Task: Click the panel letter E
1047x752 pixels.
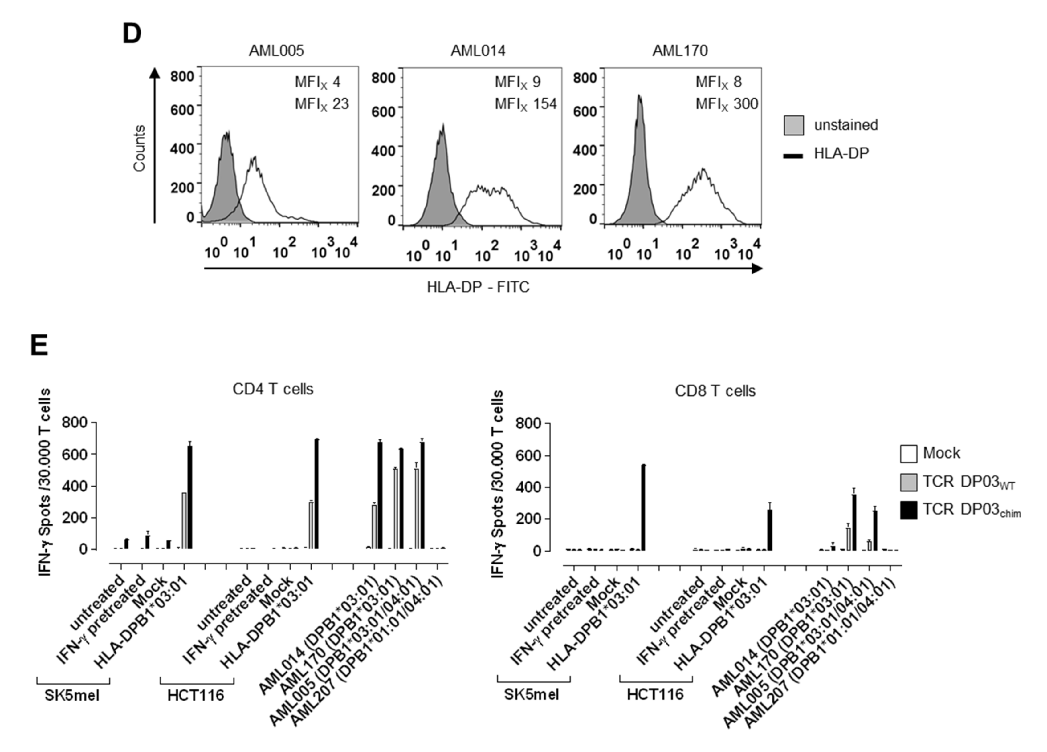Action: click(39, 346)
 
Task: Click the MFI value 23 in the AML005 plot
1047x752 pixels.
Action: click(340, 104)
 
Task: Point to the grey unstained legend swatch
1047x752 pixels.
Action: click(793, 125)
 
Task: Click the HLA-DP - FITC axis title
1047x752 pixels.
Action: click(478, 287)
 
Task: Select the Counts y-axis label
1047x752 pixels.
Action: click(139, 148)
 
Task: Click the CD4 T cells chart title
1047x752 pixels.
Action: click(273, 389)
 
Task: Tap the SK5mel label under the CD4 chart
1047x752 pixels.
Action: click(72, 695)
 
